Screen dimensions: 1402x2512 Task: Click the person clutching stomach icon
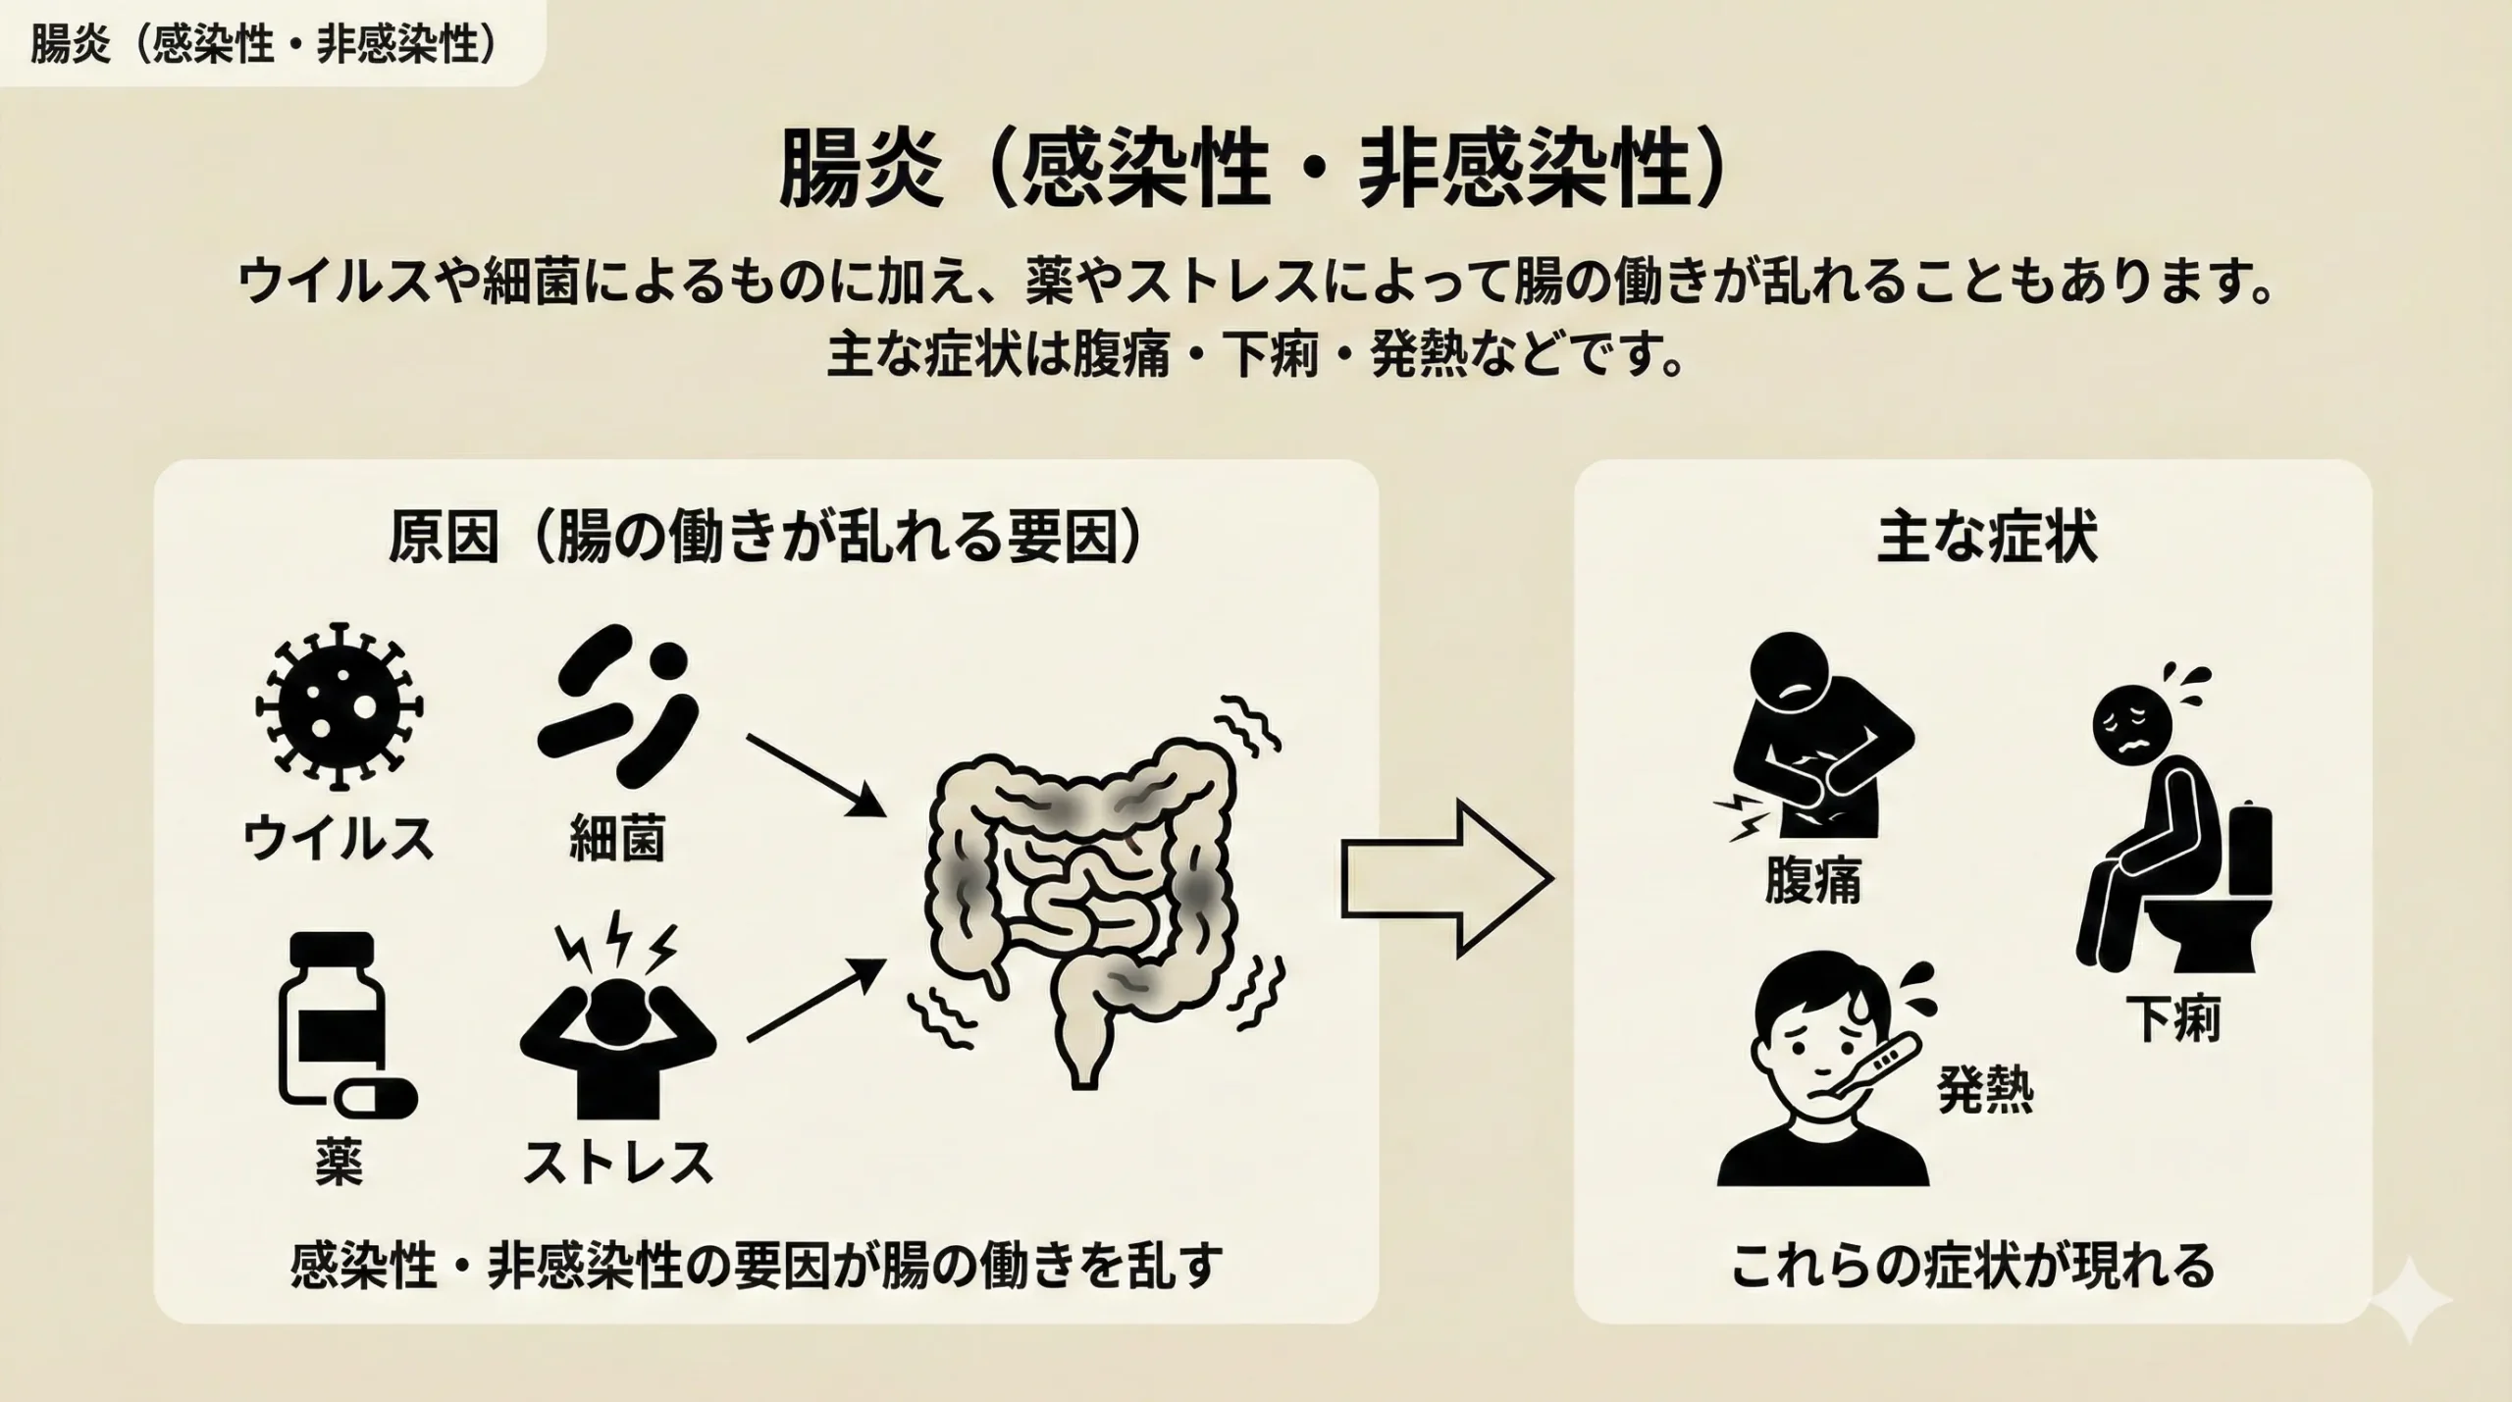(1815, 746)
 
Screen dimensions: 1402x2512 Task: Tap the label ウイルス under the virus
(339, 839)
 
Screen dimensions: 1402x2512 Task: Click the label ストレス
(617, 1163)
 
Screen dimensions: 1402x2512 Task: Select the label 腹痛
(1812, 880)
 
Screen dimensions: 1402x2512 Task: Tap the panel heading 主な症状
(1987, 540)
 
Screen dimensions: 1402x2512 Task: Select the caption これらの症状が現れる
(1972, 1266)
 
